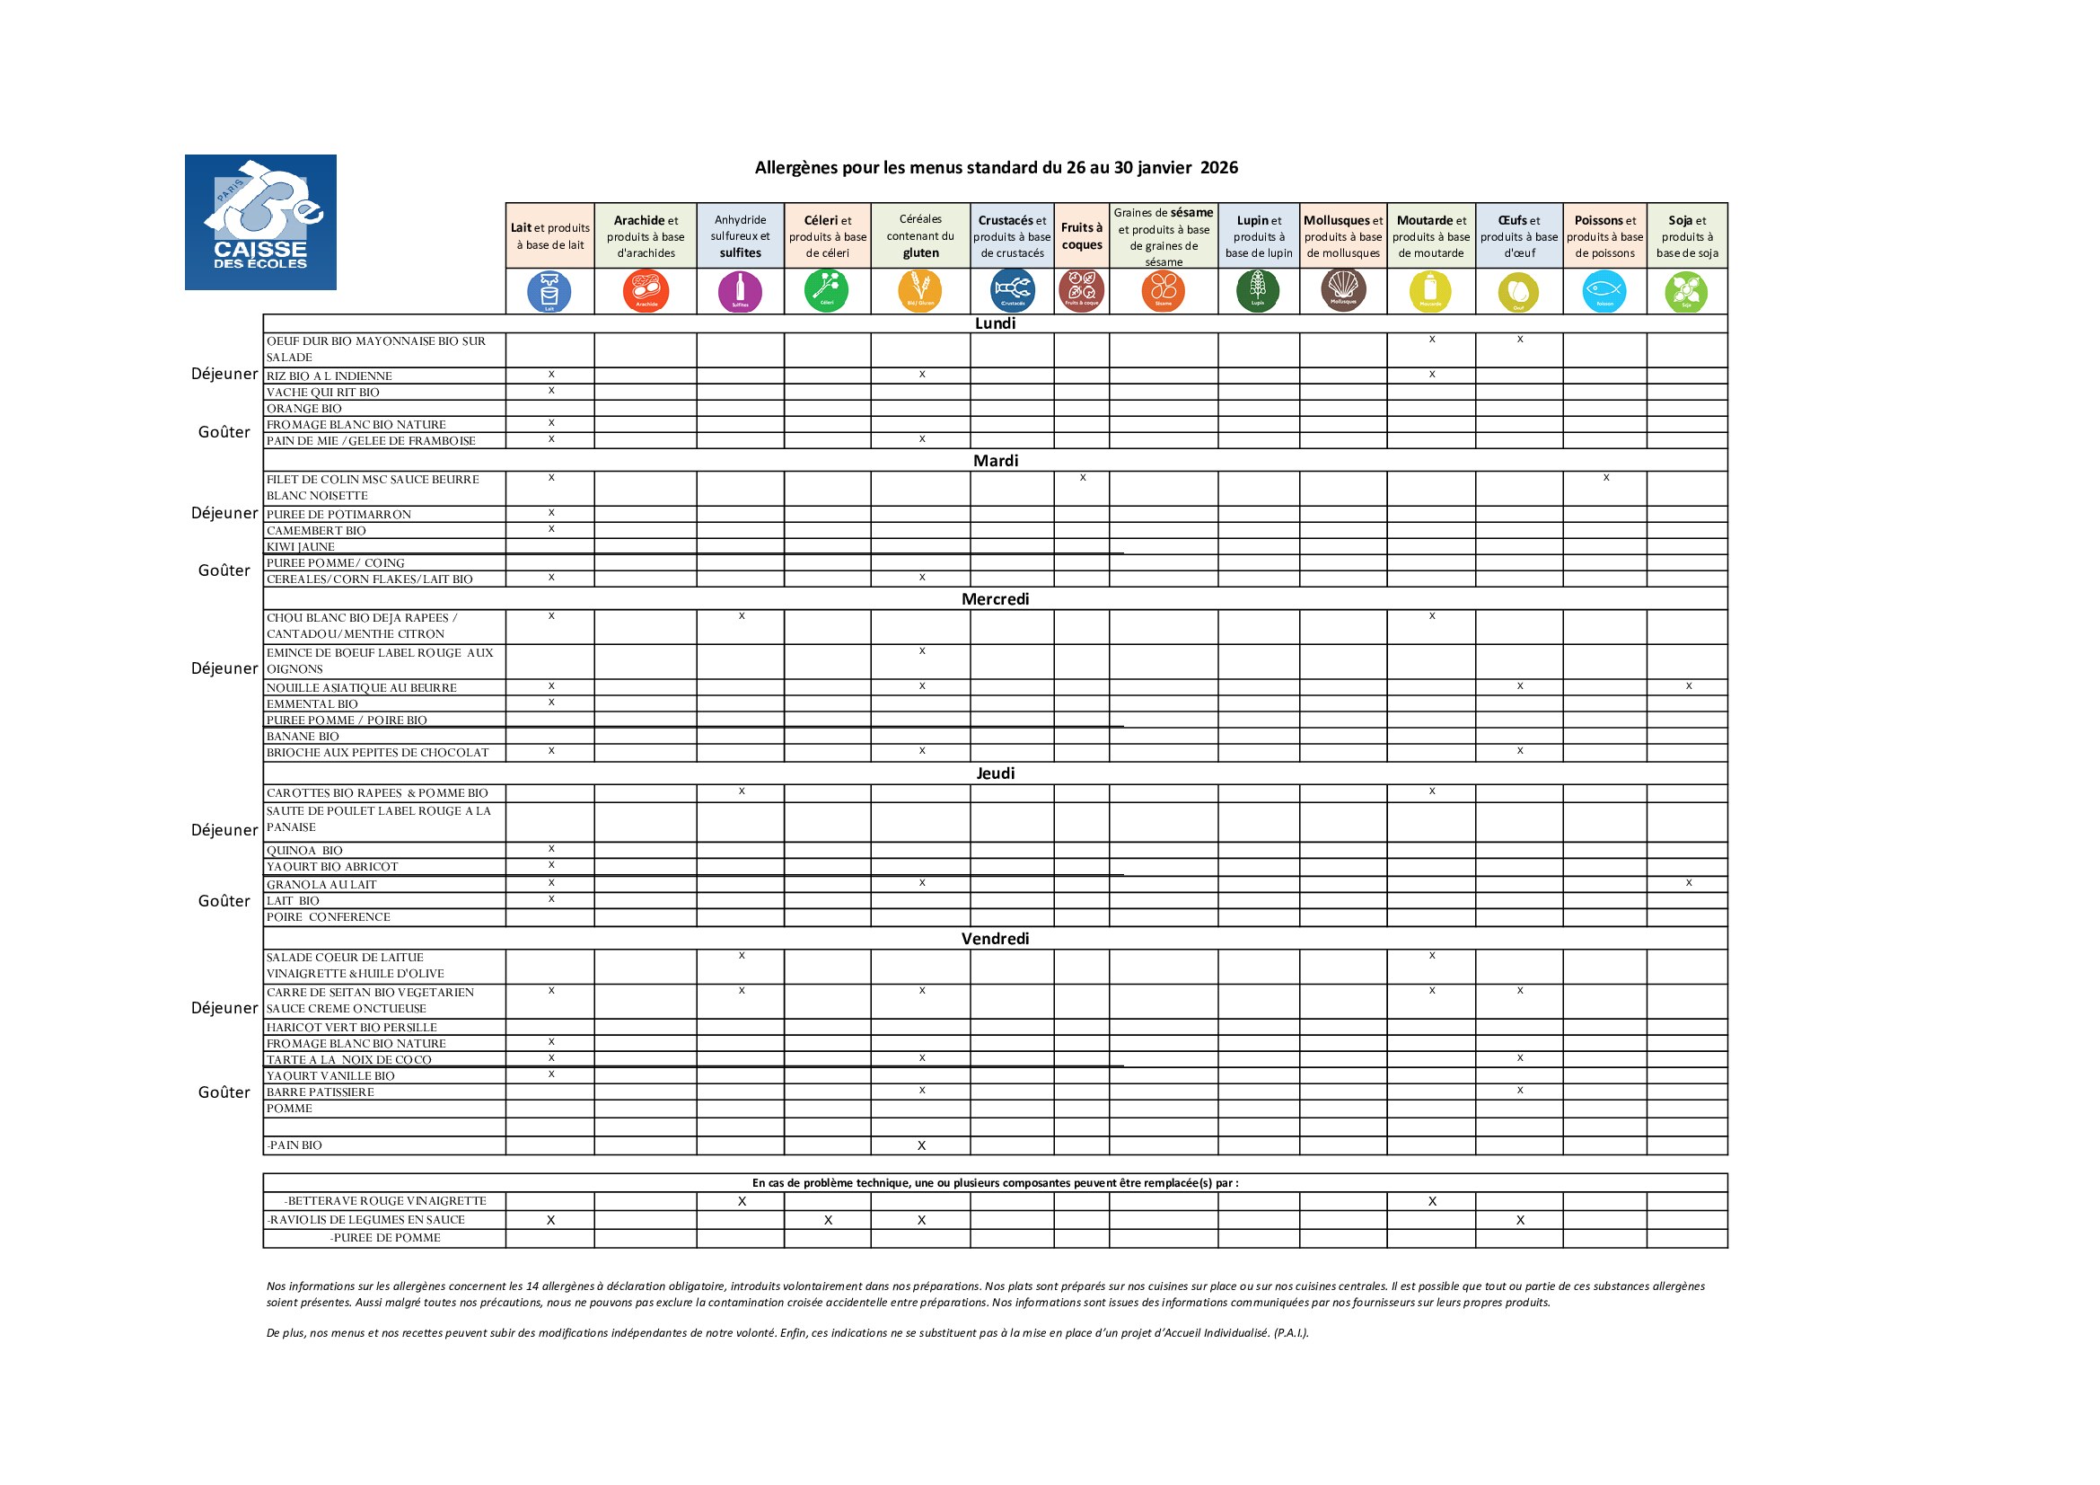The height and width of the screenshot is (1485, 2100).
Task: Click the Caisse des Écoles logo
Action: pos(259,221)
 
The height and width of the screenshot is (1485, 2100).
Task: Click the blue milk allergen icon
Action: pos(549,292)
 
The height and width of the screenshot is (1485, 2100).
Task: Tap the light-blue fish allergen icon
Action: pos(1604,292)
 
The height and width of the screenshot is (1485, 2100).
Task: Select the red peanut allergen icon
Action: pos(646,292)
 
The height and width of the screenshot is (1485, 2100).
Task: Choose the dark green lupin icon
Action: pos(1258,291)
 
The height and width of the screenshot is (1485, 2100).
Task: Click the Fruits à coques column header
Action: pos(1081,236)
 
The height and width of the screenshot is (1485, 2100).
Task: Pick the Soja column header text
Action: pos(1687,236)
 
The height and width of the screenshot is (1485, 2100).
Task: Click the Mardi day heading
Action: pos(995,461)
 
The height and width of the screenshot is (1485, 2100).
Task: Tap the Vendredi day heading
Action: pos(995,939)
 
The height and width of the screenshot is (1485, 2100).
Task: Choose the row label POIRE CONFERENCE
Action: pos(329,918)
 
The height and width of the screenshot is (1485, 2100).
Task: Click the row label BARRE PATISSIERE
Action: pos(321,1092)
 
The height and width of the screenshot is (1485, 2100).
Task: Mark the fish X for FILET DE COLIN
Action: pos(1606,478)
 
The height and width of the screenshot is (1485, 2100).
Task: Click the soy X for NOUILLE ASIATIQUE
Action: pos(1689,686)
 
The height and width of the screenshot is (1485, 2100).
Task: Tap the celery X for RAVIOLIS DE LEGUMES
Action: pos(828,1221)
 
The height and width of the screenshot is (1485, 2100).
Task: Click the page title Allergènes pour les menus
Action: pos(996,167)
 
